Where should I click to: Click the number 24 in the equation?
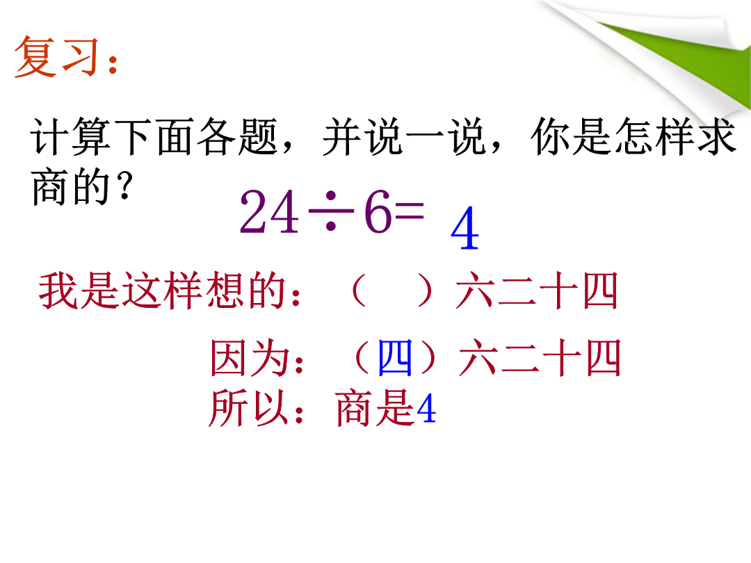coord(269,211)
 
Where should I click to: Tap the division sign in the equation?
coord(331,210)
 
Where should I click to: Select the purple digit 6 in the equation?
coord(378,211)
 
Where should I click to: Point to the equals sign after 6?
coord(410,210)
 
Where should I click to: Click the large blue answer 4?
coord(465,228)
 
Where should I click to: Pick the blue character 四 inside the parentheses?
coord(395,357)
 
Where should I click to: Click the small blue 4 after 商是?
coord(426,409)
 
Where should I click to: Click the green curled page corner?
coord(690,58)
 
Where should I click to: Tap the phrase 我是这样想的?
coord(162,290)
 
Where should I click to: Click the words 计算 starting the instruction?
coord(71,136)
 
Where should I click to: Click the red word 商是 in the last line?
coord(375,408)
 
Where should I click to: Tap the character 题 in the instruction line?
coord(259,136)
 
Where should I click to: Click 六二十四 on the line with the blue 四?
coord(540,357)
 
